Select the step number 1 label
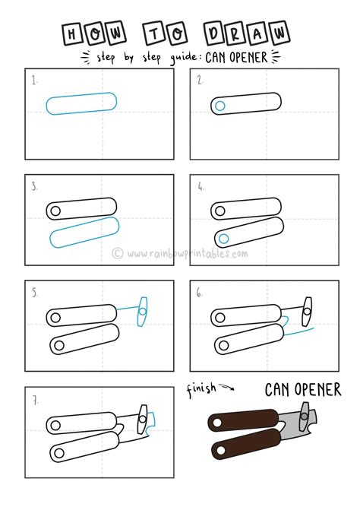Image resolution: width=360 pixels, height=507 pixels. coord(35,80)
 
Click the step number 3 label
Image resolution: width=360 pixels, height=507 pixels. coord(35,185)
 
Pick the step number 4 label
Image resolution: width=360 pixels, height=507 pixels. coord(200,185)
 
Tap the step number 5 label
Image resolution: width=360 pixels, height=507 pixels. coord(35,290)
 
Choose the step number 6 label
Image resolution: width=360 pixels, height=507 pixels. coord(200,290)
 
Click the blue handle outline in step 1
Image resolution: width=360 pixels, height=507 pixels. coord(81,104)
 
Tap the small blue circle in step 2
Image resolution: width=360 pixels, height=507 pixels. coord(219,106)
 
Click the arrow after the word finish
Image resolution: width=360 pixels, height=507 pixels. coord(228,388)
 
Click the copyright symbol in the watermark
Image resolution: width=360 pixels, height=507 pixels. coord(118,253)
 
